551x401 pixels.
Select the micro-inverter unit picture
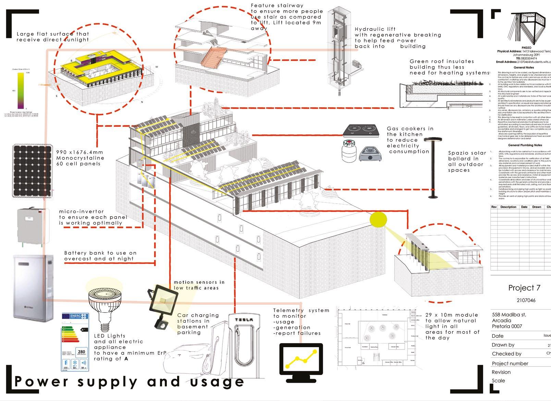click(x=31, y=226)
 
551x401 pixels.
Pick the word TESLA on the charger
click(x=244, y=319)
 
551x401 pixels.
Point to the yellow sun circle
click(x=378, y=219)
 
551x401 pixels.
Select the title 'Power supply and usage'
click(x=129, y=381)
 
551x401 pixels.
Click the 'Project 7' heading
click(x=524, y=288)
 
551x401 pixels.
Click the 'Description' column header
click(x=508, y=207)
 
